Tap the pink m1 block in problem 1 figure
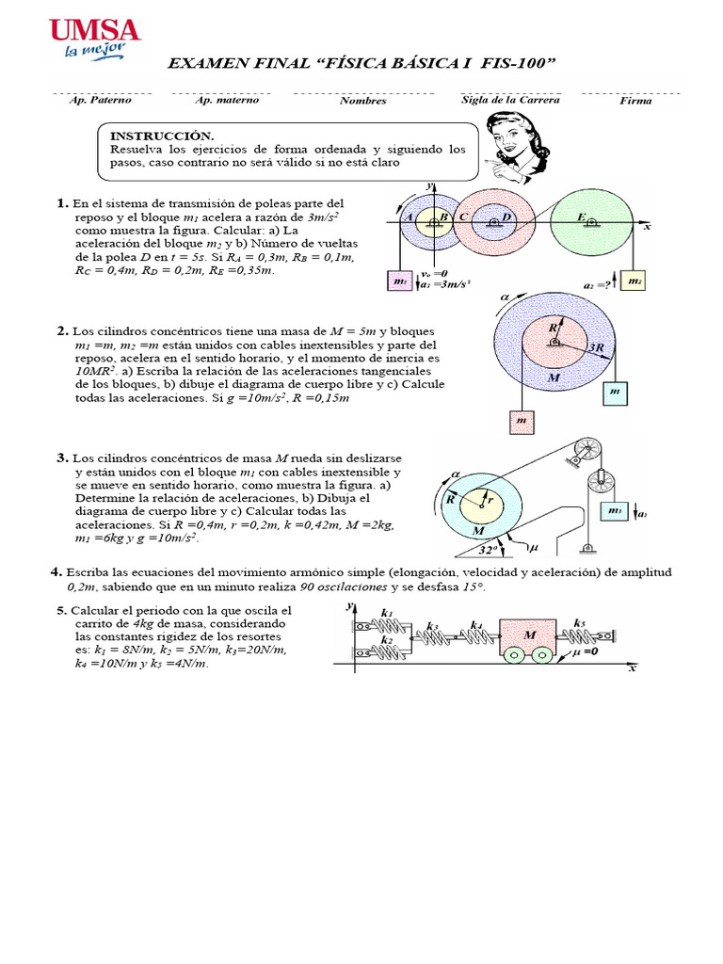point(400,281)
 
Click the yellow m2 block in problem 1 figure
point(634,281)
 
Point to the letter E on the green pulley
point(581,217)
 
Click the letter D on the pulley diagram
point(506,217)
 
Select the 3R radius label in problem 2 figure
point(594,347)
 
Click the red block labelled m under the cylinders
point(521,422)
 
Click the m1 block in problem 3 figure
point(615,511)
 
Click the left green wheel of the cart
point(513,657)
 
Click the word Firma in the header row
point(635,101)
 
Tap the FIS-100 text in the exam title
point(518,63)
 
